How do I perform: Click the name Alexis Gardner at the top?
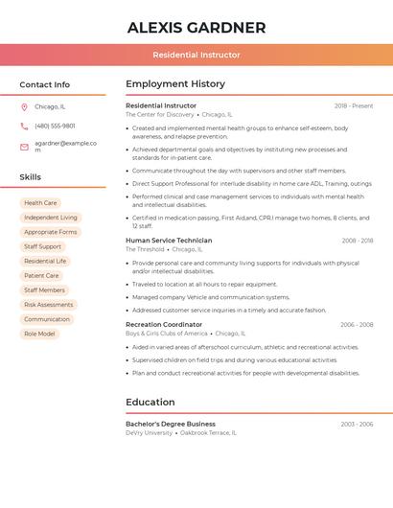[196, 27]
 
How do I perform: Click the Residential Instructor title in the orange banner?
[196, 55]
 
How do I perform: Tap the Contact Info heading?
[44, 84]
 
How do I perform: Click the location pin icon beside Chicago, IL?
[24, 106]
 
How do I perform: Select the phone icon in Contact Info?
[24, 126]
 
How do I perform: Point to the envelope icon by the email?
[24, 147]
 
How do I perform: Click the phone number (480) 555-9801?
[55, 126]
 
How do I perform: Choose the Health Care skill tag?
[40, 203]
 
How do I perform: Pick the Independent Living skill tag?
[51, 218]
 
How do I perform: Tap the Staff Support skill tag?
[42, 246]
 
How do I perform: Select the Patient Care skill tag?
[41, 276]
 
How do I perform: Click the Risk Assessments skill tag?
[48, 305]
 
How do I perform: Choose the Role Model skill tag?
[39, 334]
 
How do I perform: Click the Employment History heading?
[175, 84]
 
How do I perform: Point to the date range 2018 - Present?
[354, 105]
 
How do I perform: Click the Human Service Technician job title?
[169, 241]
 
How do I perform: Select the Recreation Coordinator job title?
[164, 324]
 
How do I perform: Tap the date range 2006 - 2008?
[357, 325]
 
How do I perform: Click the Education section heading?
[150, 403]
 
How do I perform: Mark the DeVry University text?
[149, 432]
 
